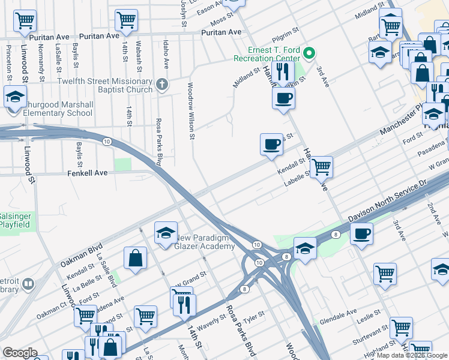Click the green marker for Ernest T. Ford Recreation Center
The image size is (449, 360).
point(309,53)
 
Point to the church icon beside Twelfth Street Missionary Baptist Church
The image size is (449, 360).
point(161,85)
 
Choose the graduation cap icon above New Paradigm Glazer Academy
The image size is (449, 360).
point(165,232)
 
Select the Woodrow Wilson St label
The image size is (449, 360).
point(191,111)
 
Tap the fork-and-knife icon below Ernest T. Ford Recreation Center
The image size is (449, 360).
point(282,72)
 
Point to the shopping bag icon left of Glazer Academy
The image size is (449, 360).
point(136,257)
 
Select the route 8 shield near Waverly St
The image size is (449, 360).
point(245,289)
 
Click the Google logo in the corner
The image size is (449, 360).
point(20,353)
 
